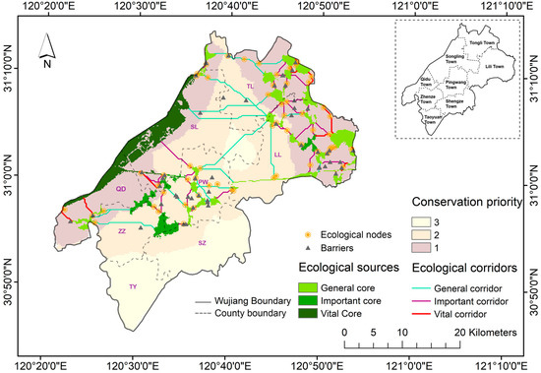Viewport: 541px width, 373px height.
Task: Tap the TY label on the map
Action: (x=134, y=287)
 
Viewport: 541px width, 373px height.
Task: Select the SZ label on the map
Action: (x=202, y=242)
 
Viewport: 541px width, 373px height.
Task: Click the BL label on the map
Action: (x=194, y=127)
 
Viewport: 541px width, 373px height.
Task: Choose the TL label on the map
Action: (x=250, y=87)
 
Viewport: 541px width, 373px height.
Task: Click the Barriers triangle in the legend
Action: (x=306, y=249)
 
